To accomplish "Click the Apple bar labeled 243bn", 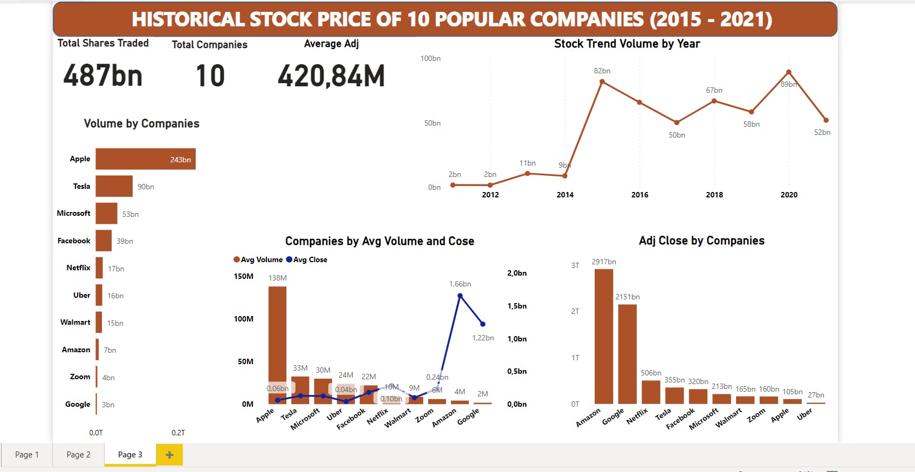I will tap(146, 159).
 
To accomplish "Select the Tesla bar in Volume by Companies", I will tap(114, 186).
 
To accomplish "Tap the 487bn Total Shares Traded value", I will tap(103, 76).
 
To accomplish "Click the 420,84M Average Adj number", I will tap(331, 76).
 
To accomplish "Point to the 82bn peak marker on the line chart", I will tap(602, 82).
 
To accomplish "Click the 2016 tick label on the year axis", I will tap(639, 195).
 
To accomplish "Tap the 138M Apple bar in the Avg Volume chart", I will tap(277, 345).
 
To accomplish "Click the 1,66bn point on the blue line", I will tap(460, 296).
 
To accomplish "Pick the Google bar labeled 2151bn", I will tap(627, 354).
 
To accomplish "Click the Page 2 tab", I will tap(78, 455).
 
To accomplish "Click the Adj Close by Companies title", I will tap(701, 241).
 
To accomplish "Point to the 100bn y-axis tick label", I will tap(430, 58).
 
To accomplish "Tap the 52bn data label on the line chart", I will tap(822, 132).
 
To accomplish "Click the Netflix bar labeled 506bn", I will tap(651, 392).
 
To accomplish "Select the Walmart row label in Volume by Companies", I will tap(75, 322).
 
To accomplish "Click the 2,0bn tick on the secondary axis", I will tap(517, 273).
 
